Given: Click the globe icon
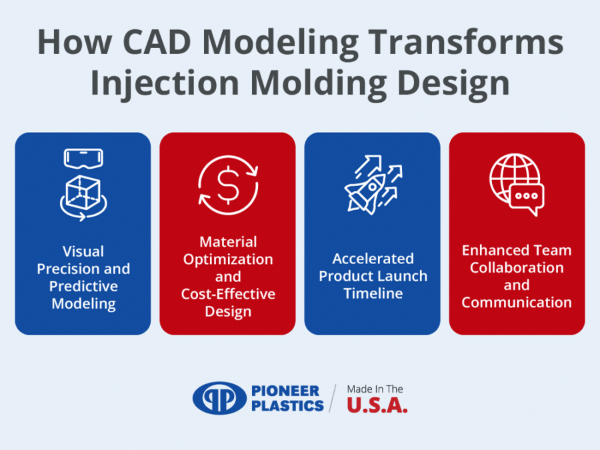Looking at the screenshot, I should pos(511,177).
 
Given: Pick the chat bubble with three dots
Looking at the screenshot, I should pos(527,197).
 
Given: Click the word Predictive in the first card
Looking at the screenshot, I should pos(83,287).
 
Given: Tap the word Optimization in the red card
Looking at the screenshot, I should pos(228,259).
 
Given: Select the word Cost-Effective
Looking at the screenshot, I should pos(228,294).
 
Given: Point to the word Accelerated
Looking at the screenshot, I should pos(373,259).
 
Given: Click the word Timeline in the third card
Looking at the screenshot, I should pos(373,293).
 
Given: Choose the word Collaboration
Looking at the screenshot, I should pos(517,267).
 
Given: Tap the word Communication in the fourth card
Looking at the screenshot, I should pos(517,302).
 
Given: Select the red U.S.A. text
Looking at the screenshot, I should pos(377,405).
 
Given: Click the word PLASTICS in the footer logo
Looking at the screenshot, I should pos(287,405).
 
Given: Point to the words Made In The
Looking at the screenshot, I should pos(375,389).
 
